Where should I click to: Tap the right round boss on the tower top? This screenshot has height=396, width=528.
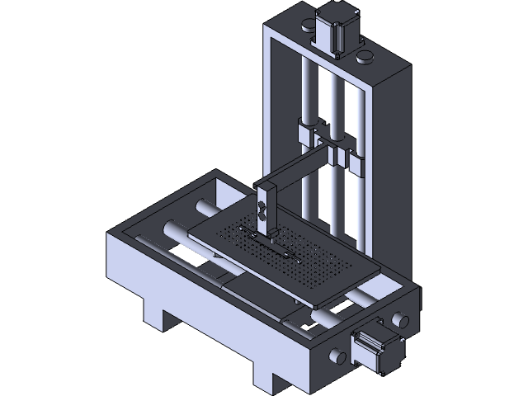[x=363, y=57]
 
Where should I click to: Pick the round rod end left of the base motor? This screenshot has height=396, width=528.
[x=337, y=356]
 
